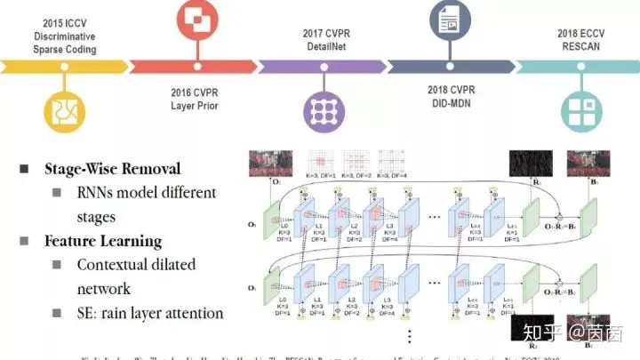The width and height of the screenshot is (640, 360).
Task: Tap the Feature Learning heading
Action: point(103,241)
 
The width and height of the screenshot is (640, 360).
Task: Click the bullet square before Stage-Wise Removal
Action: point(25,169)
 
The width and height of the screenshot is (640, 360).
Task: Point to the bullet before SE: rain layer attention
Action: point(56,313)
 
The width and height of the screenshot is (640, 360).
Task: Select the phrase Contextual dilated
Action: point(136,265)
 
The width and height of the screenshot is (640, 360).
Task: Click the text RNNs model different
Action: point(146,192)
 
